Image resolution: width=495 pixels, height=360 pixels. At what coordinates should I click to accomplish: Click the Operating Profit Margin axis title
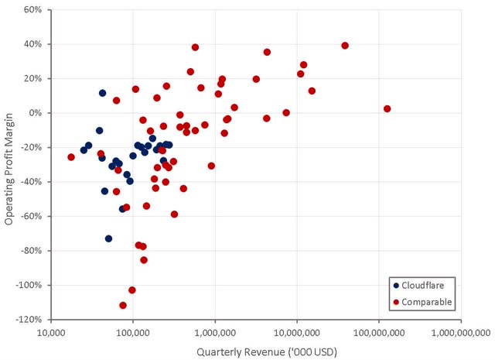9,164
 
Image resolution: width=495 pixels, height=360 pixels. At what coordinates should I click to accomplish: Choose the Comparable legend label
427,301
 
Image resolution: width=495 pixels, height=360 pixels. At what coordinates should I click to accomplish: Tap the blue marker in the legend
397,285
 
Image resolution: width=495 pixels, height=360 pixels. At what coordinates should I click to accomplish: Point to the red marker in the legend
397,301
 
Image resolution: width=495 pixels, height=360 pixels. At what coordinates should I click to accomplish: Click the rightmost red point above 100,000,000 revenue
387,109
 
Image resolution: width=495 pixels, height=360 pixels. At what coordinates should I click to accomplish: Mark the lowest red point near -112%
123,305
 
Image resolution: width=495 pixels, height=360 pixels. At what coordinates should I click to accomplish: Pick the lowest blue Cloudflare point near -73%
109,238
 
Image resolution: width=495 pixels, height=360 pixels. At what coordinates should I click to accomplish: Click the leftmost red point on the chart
71,157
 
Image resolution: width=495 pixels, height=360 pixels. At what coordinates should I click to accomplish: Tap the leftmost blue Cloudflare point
84,150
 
